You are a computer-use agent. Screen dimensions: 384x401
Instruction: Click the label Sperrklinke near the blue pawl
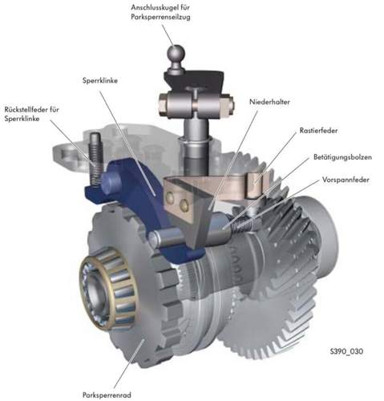(x=100, y=80)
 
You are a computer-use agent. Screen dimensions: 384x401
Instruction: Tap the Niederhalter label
(x=269, y=102)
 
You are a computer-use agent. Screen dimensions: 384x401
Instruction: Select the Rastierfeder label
(x=318, y=131)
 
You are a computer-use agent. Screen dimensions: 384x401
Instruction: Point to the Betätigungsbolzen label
(x=342, y=157)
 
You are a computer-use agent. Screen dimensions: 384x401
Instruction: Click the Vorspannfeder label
(x=346, y=180)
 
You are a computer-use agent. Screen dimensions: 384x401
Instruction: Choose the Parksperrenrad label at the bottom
(x=107, y=395)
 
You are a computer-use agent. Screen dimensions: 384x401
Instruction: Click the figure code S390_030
(x=346, y=351)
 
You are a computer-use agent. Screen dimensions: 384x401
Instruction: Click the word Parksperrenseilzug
(x=160, y=17)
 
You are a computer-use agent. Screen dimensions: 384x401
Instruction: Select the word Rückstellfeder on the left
(x=23, y=109)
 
